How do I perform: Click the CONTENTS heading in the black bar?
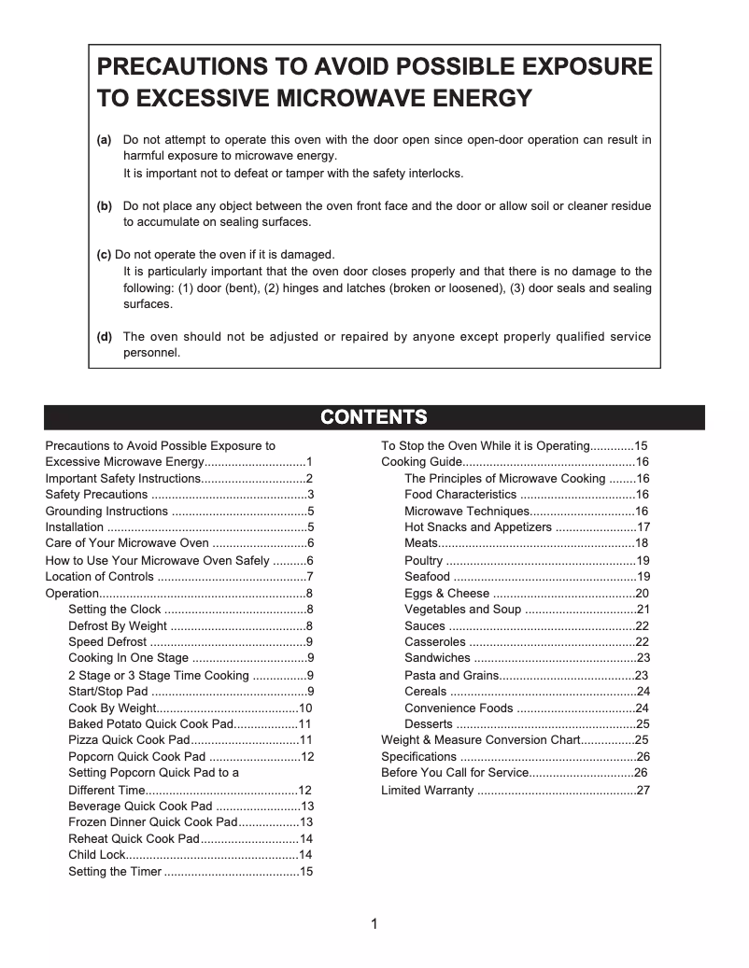click(x=374, y=417)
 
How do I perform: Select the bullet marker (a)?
click(x=105, y=140)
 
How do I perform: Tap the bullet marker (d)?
click(x=105, y=337)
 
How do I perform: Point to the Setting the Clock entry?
click(x=115, y=610)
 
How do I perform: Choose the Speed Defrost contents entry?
click(x=107, y=642)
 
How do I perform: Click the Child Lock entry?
click(x=96, y=855)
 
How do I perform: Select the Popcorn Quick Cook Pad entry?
click(x=136, y=757)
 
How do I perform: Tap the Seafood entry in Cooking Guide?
click(x=427, y=577)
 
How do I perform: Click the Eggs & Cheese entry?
click(x=446, y=594)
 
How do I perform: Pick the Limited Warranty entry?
click(x=427, y=791)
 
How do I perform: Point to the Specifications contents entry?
click(x=418, y=757)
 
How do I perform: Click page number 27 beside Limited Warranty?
click(x=643, y=791)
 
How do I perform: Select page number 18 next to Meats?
click(x=642, y=543)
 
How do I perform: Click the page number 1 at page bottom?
click(x=374, y=925)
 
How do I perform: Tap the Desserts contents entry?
click(x=429, y=724)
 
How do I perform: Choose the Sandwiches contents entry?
click(x=437, y=659)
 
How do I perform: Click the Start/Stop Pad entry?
click(x=108, y=692)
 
